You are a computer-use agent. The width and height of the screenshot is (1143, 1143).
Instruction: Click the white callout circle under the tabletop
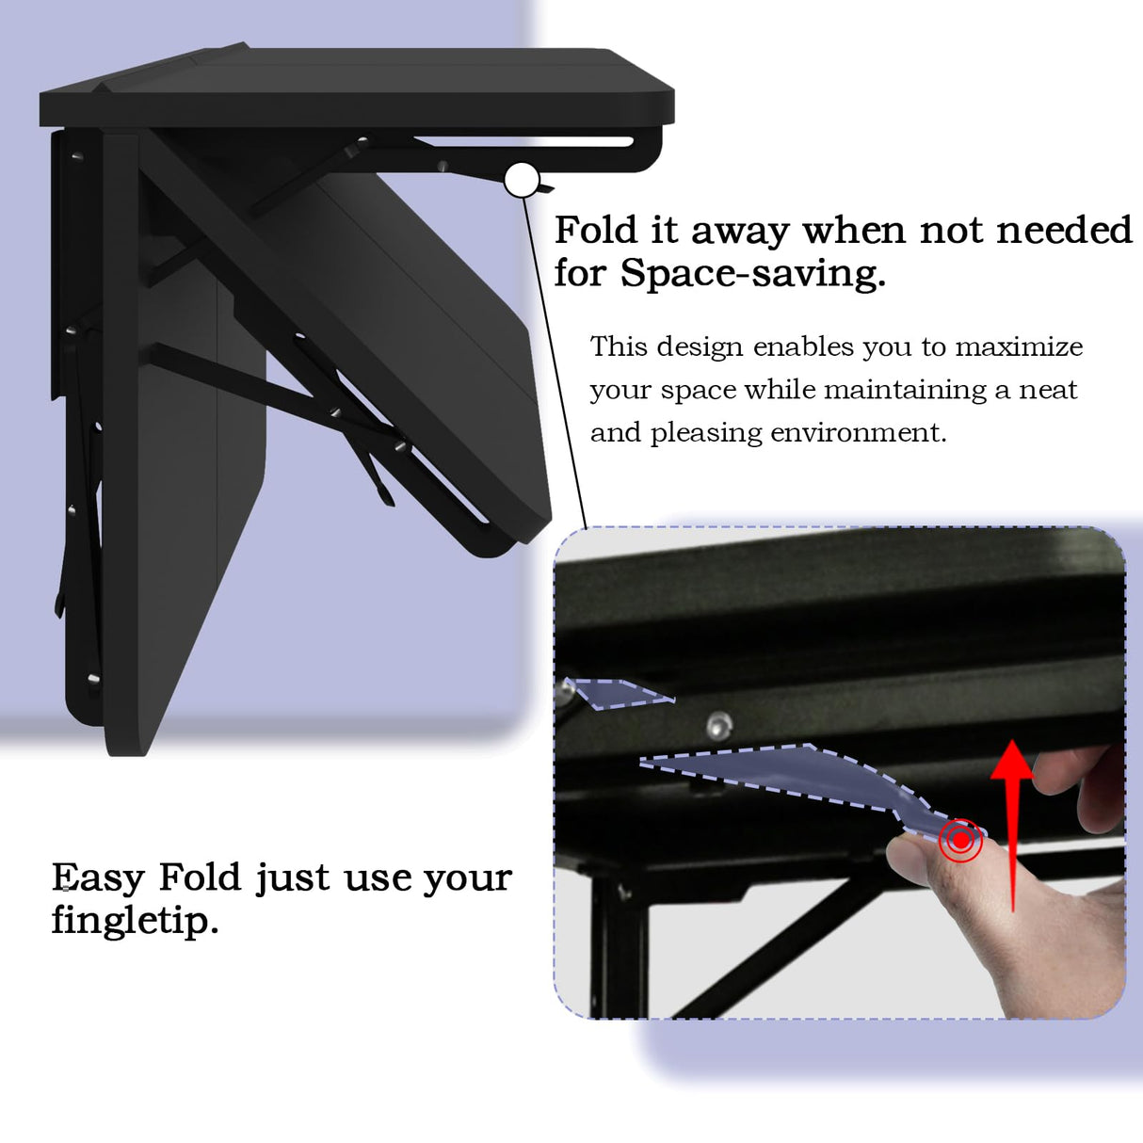pyautogui.click(x=522, y=179)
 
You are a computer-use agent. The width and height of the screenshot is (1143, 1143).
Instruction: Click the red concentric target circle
pyautogui.click(x=959, y=839)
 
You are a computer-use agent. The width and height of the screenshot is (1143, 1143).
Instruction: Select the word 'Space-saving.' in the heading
pyautogui.click(x=752, y=274)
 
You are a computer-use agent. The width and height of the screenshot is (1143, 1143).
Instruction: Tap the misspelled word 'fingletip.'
pyautogui.click(x=135, y=921)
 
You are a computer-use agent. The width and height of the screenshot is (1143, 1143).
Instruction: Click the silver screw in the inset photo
pyautogui.click(x=719, y=724)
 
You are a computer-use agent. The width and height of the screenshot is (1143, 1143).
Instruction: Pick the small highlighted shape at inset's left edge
pyautogui.click(x=617, y=693)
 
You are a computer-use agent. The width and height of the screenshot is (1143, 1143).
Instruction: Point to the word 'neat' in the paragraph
pyautogui.click(x=1048, y=390)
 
